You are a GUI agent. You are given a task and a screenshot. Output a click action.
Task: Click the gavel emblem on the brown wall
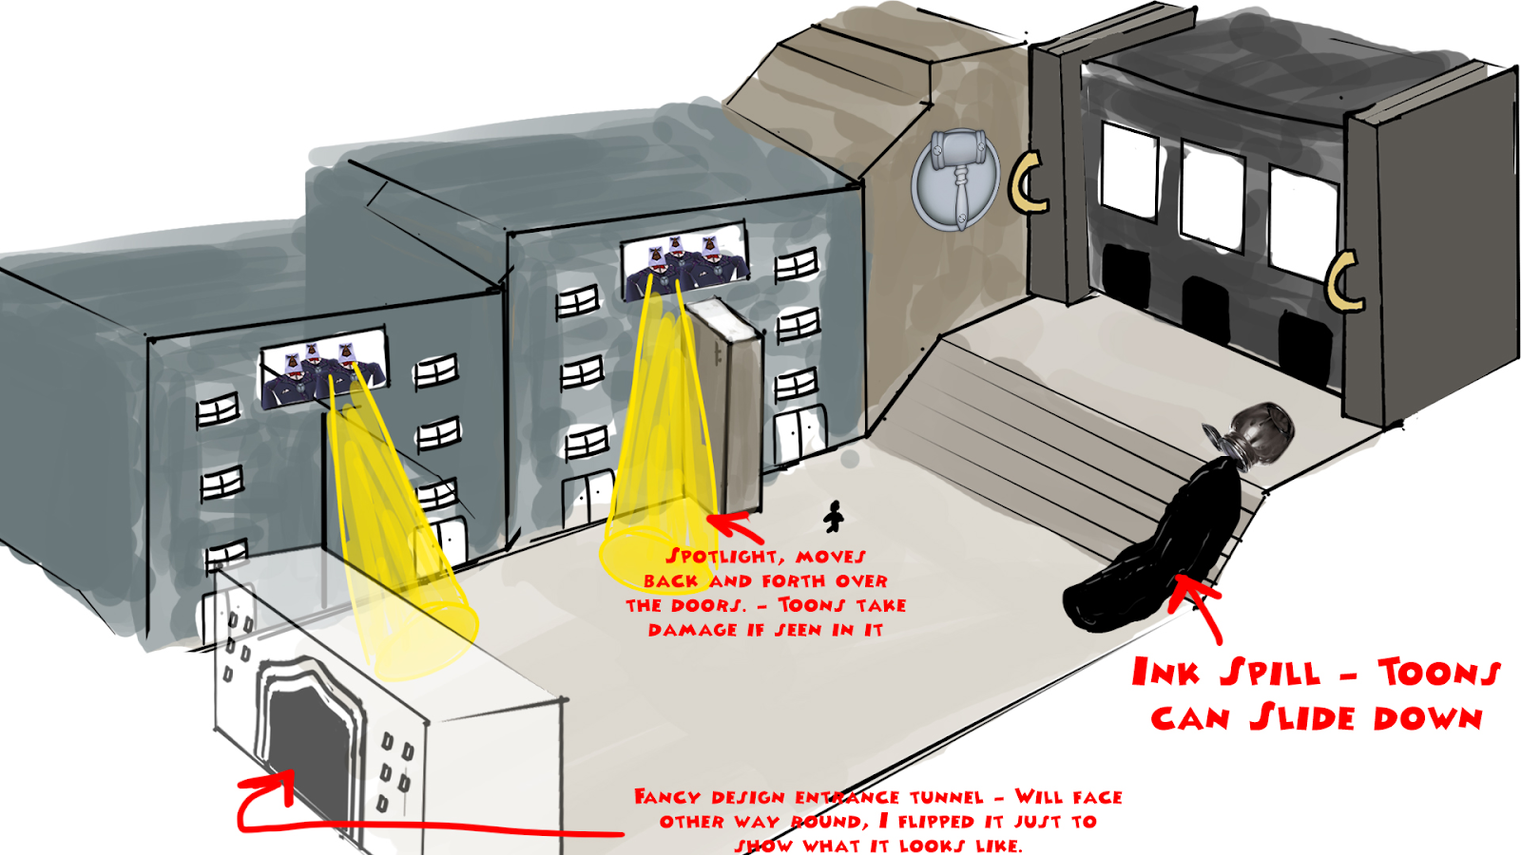954,177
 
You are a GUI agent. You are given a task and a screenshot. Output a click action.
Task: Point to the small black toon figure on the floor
834,517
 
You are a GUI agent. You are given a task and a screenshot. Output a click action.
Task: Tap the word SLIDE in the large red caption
1302,718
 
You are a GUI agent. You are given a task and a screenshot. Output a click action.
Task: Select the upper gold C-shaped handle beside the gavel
1028,181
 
